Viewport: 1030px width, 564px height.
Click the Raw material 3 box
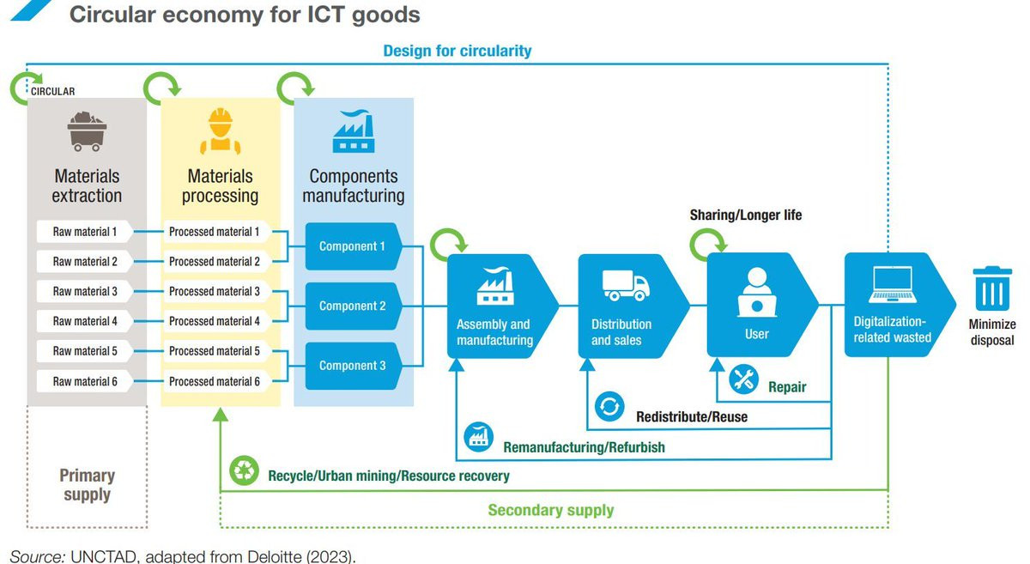point(84,292)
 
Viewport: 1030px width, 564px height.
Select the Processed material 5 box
point(215,351)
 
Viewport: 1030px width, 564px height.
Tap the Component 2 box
point(353,306)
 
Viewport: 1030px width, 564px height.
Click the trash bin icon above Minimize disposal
point(991,289)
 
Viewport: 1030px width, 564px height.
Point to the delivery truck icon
point(624,285)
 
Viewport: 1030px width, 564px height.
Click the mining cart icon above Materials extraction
point(87,130)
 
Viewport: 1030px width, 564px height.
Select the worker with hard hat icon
point(221,130)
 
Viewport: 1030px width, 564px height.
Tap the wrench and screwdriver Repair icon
point(743,380)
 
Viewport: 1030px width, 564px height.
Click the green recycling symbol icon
point(245,470)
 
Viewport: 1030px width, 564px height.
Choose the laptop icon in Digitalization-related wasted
point(892,286)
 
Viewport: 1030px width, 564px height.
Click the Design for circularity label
point(457,51)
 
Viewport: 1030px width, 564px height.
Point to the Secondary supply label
point(550,510)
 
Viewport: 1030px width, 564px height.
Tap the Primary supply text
point(87,484)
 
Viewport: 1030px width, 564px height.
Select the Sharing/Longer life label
point(745,215)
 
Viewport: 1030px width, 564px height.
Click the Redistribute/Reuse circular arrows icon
point(609,407)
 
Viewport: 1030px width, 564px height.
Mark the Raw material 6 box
point(84,381)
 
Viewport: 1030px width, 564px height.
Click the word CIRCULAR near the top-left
point(53,91)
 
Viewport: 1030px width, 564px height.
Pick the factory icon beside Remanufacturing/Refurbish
point(478,438)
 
